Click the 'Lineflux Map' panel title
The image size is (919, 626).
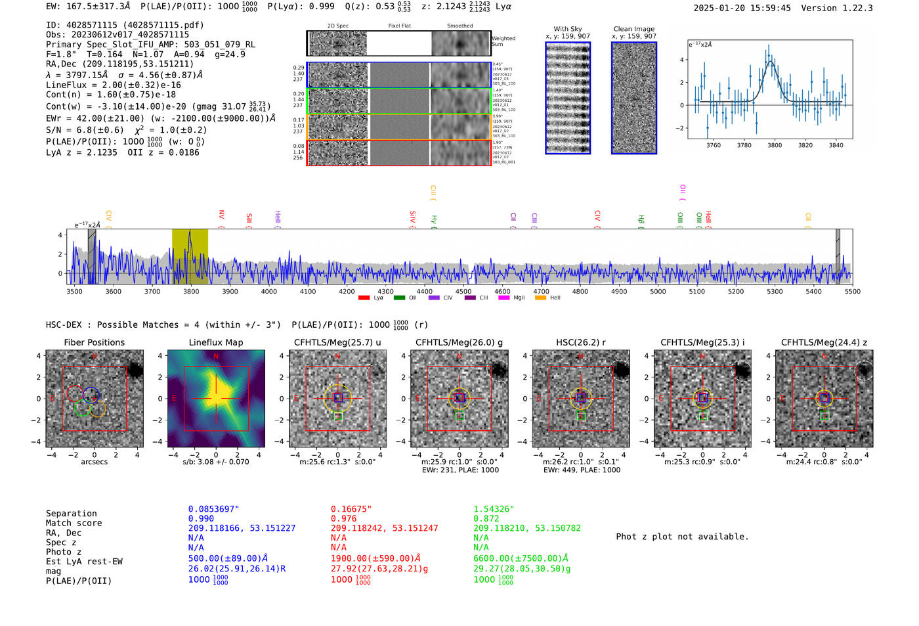pyautogui.click(x=215, y=342)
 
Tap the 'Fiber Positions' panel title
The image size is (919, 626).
pyautogui.click(x=94, y=342)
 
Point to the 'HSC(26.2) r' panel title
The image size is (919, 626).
pyautogui.click(x=580, y=342)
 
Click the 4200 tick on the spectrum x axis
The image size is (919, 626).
pyautogui.click(x=347, y=291)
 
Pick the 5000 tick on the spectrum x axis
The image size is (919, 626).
pyautogui.click(x=658, y=291)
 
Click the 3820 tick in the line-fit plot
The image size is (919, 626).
pyautogui.click(x=805, y=145)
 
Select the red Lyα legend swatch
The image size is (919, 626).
pyautogui.click(x=364, y=298)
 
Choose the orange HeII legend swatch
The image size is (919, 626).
pyautogui.click(x=540, y=298)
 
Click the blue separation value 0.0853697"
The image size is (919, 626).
pyautogui.click(x=213, y=509)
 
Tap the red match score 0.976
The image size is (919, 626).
pyautogui.click(x=344, y=519)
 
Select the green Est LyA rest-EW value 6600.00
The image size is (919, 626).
pyautogui.click(x=521, y=558)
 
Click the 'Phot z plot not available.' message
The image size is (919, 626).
pyautogui.click(x=682, y=537)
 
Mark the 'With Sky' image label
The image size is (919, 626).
pyautogui.click(x=567, y=29)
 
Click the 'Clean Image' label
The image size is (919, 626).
pyautogui.click(x=633, y=29)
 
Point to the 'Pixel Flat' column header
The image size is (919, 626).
pyautogui.click(x=399, y=26)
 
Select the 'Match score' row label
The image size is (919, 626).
pyautogui.click(x=74, y=524)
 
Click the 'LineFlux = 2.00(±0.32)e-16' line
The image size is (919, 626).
pyautogui.click(x=113, y=85)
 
